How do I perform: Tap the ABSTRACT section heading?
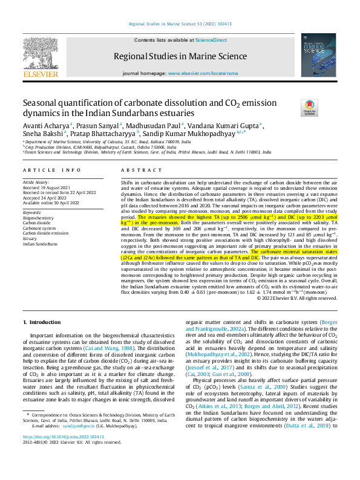pos(136,170)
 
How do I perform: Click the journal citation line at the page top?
pos(179,24)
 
